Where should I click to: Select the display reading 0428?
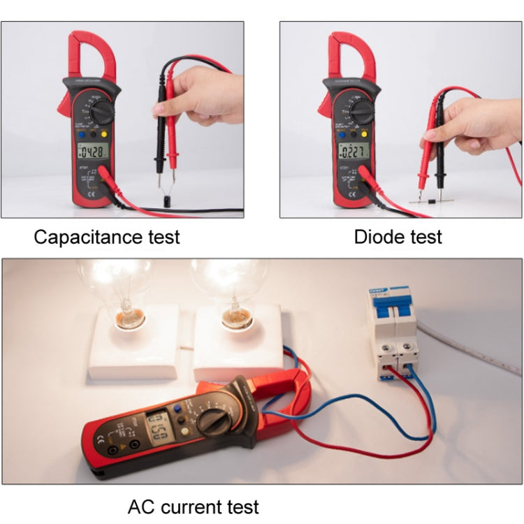coord(93,152)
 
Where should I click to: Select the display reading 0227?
coord(352,152)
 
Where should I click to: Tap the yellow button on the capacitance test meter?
coord(104,134)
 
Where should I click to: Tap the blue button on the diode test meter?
coord(346,134)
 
